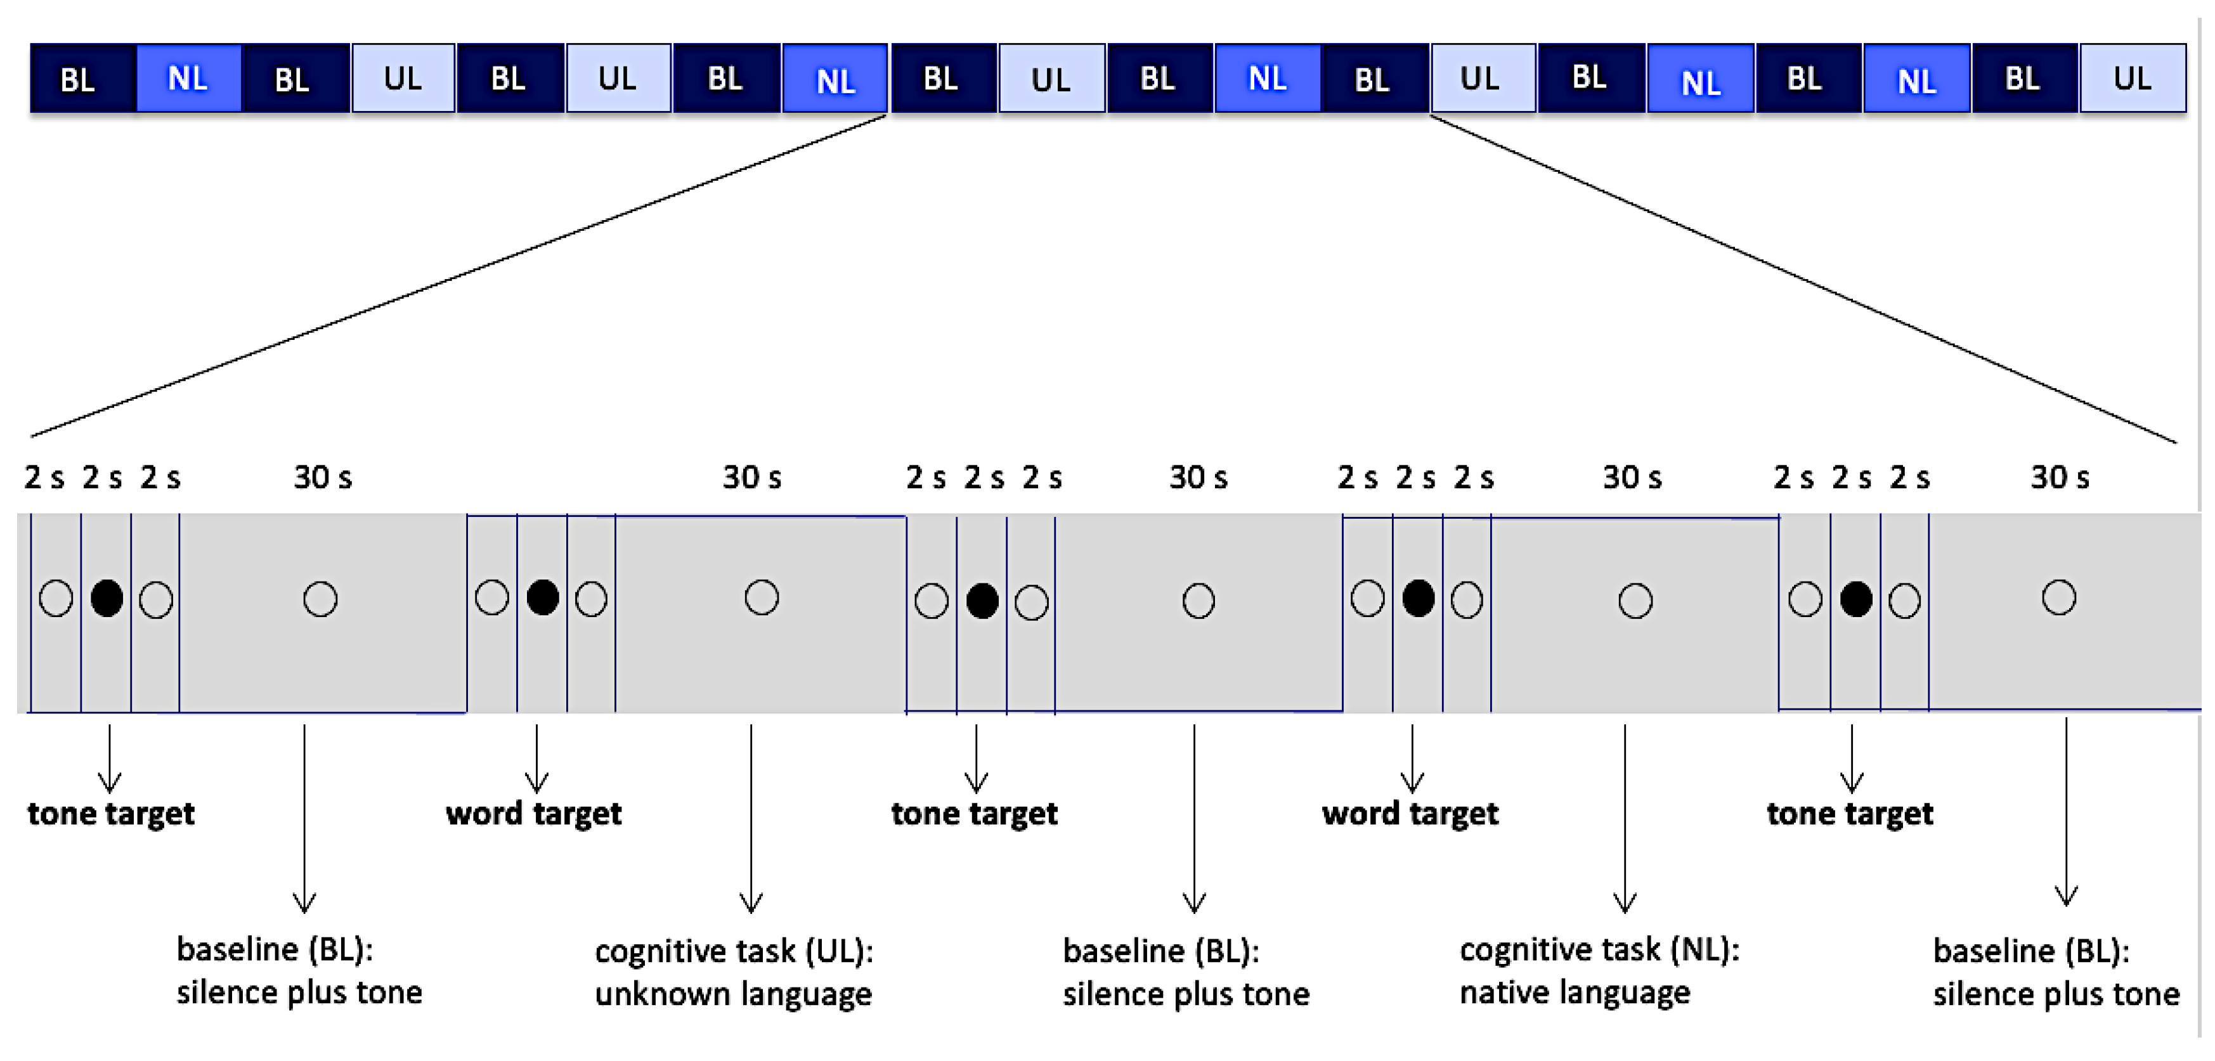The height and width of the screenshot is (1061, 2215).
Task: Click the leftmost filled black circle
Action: [x=107, y=597]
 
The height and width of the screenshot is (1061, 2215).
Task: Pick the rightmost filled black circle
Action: [x=1855, y=599]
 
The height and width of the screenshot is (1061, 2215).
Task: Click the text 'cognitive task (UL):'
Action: [x=734, y=951]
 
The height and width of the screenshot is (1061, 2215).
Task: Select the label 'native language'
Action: [x=1575, y=993]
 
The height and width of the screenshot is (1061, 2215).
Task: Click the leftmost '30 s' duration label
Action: [x=322, y=477]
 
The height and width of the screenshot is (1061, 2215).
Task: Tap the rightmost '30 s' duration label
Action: [x=2060, y=477]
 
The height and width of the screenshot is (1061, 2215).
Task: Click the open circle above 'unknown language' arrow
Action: [x=761, y=597]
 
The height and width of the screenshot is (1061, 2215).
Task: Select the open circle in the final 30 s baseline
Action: [x=2058, y=597]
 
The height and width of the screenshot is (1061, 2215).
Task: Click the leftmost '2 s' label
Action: [x=44, y=477]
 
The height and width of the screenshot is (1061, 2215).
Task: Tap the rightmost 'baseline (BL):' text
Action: [x=2031, y=951]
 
